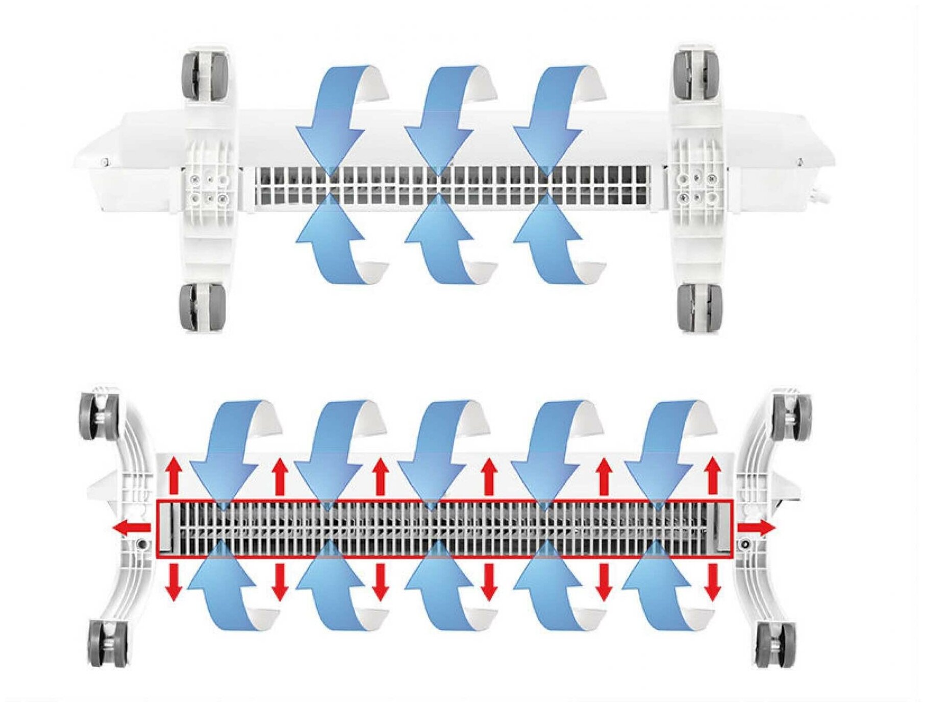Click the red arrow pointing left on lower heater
pyautogui.click(x=132, y=529)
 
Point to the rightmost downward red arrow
pyautogui.click(x=713, y=582)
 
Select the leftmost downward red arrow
pyautogui.click(x=174, y=582)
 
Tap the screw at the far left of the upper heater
pyautogui.click(x=105, y=162)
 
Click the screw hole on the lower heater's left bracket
pyautogui.click(x=143, y=544)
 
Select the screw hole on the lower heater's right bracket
pyautogui.click(x=745, y=544)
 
